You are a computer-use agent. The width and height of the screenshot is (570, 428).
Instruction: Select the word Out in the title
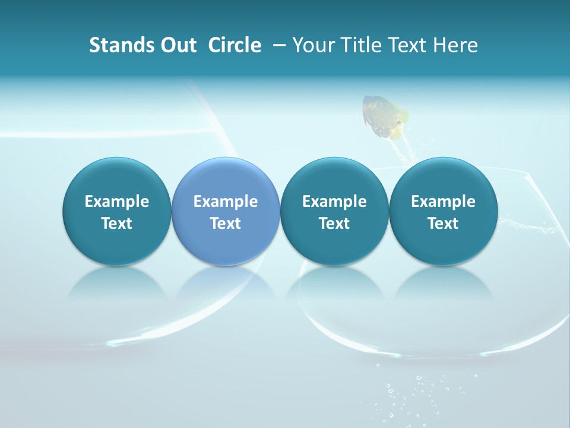[x=176, y=45]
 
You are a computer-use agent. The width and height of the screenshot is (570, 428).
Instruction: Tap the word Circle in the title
[x=235, y=45]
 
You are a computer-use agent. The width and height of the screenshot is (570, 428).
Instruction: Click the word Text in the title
[x=410, y=45]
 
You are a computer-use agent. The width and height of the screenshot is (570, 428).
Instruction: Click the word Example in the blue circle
[x=226, y=202]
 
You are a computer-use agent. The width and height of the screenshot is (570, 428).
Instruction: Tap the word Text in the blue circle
[x=226, y=224]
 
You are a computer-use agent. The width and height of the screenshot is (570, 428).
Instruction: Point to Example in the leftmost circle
[x=117, y=202]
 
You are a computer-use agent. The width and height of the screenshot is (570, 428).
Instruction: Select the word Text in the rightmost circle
[x=443, y=224]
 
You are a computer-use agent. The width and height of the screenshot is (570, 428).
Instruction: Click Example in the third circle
[x=334, y=202]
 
